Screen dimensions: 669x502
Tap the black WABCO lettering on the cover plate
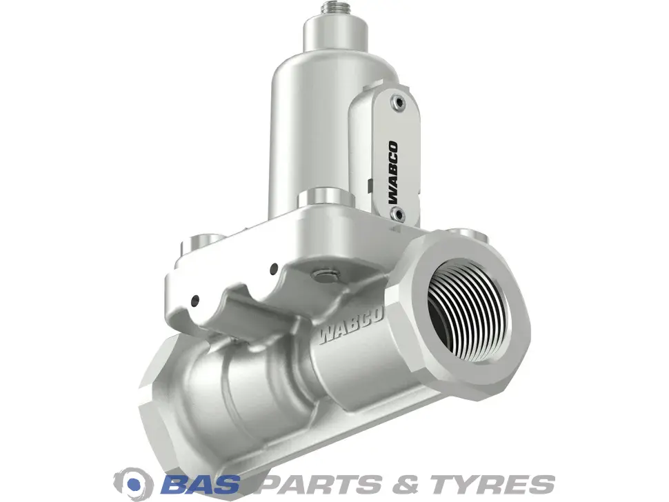click(392, 172)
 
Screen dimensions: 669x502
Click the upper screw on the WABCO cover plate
click(399, 102)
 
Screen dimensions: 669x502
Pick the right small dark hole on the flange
click(274, 269)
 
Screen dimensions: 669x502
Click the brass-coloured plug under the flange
click(325, 276)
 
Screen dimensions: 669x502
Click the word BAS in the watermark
click(200, 483)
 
